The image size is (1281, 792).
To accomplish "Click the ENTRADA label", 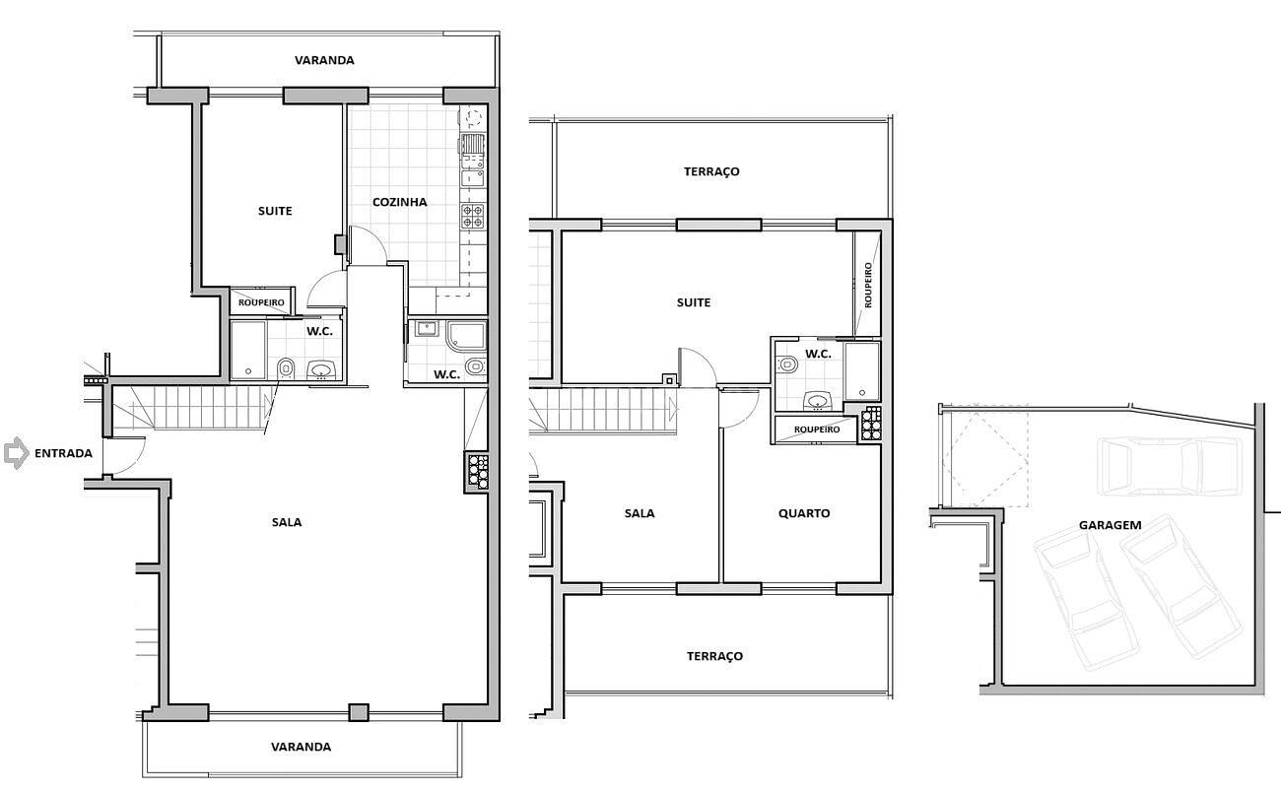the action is [63, 453].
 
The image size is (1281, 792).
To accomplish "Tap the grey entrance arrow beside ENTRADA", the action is [17, 453].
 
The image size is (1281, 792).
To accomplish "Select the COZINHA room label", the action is [400, 202].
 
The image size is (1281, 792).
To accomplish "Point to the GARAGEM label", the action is [1110, 525].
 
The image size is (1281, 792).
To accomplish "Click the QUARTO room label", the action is [804, 513].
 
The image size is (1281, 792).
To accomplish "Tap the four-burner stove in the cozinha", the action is [473, 216].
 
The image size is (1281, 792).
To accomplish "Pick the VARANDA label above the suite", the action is [324, 60].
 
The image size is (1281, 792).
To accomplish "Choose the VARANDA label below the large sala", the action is [301, 747].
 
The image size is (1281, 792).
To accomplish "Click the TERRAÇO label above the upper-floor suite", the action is [711, 171].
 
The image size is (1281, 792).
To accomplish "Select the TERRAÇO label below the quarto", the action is [714, 656].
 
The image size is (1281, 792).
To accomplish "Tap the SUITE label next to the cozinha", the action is [275, 211].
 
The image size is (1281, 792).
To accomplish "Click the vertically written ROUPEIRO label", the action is [868, 286].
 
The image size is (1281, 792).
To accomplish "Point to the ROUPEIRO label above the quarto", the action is [817, 429].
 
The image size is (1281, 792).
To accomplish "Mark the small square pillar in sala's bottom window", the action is [359, 712].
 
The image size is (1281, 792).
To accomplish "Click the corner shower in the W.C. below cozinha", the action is [467, 336].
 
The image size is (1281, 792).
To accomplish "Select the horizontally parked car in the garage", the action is [1170, 466].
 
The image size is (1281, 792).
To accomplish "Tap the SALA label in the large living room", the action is [287, 522].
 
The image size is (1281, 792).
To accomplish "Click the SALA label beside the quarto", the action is [640, 513].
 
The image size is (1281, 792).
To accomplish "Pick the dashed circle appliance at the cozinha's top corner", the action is [473, 116].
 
